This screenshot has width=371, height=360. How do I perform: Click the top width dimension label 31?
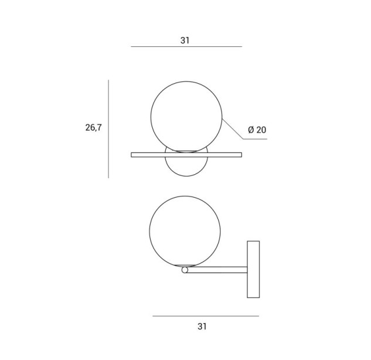tap(185, 40)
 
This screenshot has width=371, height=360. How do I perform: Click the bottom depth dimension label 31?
tap(202, 327)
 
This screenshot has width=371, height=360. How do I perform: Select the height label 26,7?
tap(93, 128)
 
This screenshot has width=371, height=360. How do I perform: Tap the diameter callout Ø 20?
tap(257, 130)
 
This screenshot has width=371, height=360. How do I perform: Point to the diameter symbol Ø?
tap(251, 130)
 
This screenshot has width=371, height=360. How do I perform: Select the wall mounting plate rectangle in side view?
tap(253, 269)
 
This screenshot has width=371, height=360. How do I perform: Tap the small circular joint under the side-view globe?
tap(185, 270)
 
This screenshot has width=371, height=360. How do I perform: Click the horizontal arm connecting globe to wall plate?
tap(217, 270)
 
